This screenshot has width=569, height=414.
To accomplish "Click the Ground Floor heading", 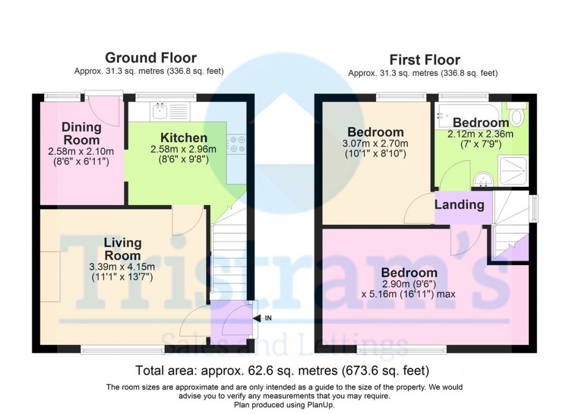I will (x=151, y=57).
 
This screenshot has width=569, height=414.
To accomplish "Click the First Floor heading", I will (x=425, y=59).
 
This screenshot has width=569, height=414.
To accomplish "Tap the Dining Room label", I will (x=81, y=133).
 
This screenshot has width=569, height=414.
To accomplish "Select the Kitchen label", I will (x=184, y=137).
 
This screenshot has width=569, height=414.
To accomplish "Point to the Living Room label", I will (x=123, y=249).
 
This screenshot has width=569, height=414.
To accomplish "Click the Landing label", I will (x=459, y=205).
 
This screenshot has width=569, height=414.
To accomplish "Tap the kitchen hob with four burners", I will (x=234, y=145).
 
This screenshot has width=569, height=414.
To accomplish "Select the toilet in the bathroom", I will (x=517, y=115).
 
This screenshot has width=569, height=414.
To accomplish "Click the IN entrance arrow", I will (x=259, y=319).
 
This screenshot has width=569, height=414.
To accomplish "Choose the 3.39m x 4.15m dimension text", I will (x=122, y=266).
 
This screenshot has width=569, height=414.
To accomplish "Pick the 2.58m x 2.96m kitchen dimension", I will (x=184, y=150).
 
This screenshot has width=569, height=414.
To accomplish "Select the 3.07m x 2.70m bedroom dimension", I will (x=375, y=144).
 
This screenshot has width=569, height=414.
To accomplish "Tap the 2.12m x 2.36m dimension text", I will (x=480, y=134).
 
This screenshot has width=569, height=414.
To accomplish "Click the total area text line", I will (x=282, y=370).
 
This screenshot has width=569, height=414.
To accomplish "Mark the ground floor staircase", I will (x=229, y=257).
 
